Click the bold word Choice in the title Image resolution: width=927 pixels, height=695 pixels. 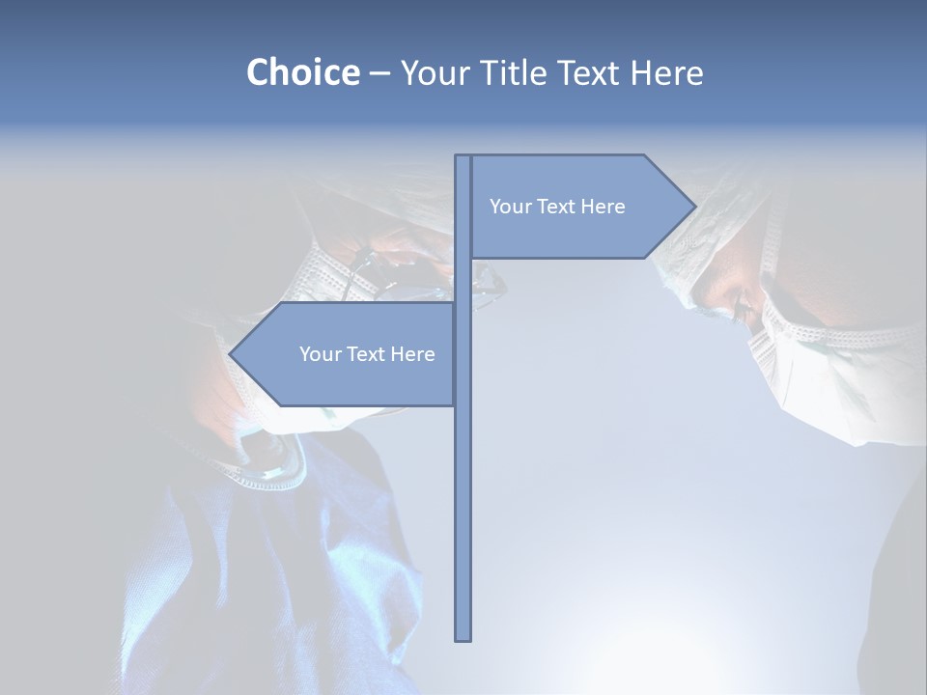click(302, 72)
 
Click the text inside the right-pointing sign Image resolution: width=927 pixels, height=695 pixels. click(557, 207)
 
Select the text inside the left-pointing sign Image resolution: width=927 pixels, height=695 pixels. click(367, 354)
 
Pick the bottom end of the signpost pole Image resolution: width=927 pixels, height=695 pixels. click(463, 637)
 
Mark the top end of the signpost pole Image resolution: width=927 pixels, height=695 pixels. click(463, 158)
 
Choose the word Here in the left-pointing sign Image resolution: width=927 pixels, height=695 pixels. click(412, 354)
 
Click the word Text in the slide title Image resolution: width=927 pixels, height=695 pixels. click(590, 73)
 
